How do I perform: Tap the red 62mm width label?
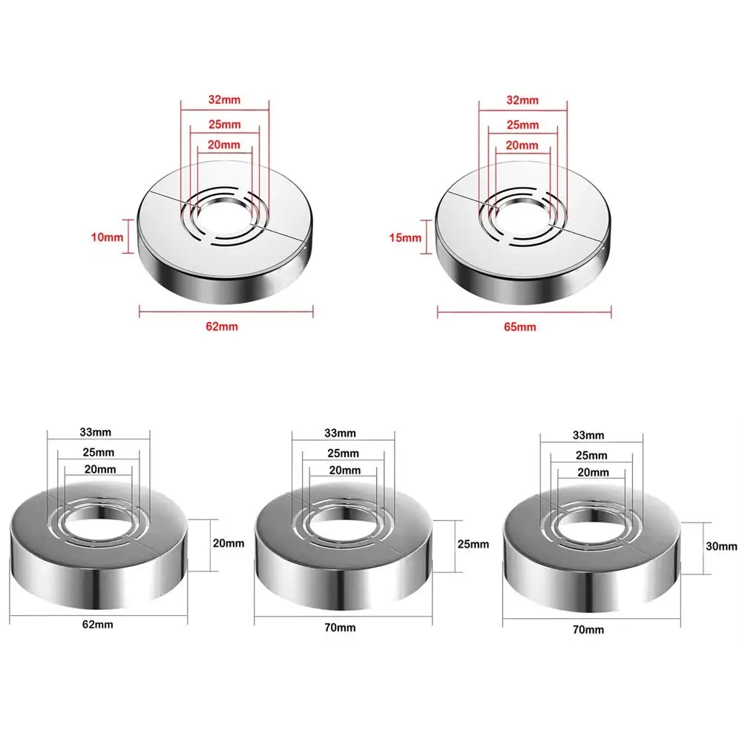pos(226,326)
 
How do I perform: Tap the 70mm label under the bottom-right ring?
pos(589,629)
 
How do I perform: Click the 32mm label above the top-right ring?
pos(523,99)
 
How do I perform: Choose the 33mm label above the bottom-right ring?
pos(590,435)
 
